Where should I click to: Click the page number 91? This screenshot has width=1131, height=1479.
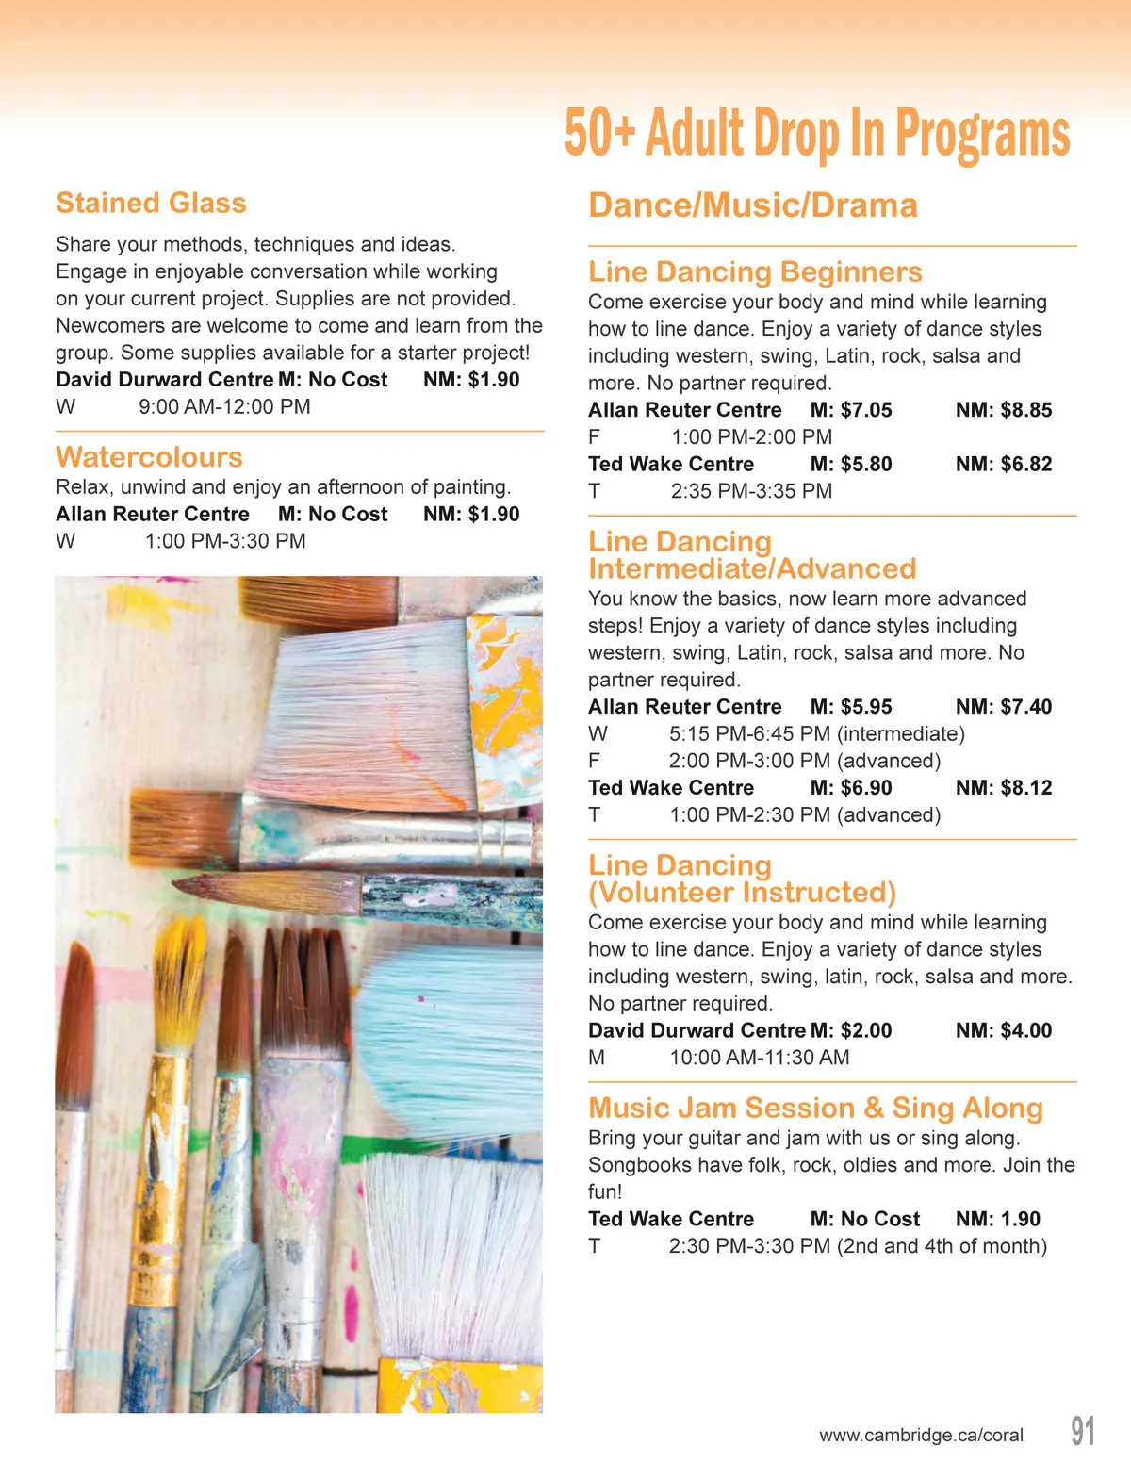coord(1083,1431)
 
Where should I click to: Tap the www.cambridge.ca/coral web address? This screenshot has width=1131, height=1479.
coord(921,1436)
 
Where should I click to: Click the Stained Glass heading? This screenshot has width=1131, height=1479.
coord(151,203)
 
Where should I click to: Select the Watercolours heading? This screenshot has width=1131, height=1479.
coord(149,457)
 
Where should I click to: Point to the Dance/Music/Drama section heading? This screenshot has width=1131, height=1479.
coord(752,205)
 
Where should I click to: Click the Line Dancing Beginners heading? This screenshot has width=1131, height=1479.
coord(755,271)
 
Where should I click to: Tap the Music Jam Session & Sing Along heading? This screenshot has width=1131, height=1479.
coord(815,1108)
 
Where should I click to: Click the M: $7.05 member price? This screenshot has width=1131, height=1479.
coord(850,410)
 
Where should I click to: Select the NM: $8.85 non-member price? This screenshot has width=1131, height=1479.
coord(1003,410)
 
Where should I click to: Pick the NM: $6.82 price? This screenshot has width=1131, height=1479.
coord(1003,464)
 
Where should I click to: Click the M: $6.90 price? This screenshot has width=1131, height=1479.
coord(850,788)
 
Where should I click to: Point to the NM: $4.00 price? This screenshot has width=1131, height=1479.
coord(1003,1030)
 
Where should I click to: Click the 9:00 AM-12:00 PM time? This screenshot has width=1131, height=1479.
coord(224,407)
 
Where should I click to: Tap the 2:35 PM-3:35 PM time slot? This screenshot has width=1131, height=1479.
coord(751,491)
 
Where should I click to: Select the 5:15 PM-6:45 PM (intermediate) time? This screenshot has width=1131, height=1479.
coord(816,733)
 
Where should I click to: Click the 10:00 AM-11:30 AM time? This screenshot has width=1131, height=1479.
coord(759,1058)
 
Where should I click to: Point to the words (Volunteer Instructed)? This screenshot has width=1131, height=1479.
coord(742,892)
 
